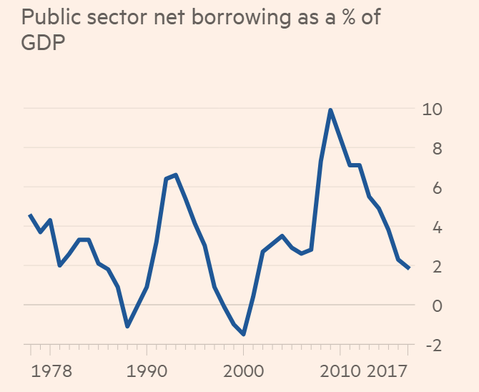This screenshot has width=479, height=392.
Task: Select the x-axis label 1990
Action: tap(147, 372)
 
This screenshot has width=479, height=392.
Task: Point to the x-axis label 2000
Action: tap(244, 372)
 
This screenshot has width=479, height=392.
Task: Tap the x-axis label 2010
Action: tap(340, 372)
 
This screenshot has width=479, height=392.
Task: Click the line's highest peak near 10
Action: tap(330, 109)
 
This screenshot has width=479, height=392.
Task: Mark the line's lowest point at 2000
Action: tap(244, 334)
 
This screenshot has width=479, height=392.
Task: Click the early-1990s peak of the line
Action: tap(176, 175)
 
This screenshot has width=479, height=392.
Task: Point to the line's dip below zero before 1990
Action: tap(127, 326)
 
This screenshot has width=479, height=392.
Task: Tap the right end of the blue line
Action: tap(408, 268)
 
